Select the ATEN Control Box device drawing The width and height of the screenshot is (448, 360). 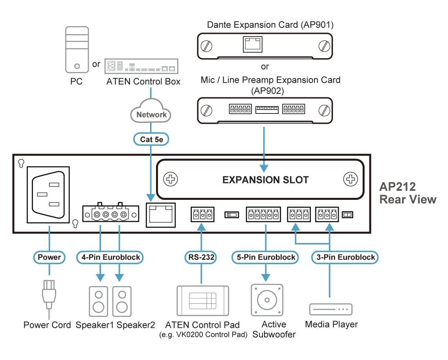142,66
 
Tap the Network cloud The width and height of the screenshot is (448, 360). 151,114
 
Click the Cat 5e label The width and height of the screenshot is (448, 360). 152,139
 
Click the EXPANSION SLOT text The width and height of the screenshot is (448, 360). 265,180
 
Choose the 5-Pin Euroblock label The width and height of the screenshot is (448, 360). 266,258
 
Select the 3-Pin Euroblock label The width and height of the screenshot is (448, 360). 345,258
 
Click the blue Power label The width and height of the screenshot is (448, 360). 49,258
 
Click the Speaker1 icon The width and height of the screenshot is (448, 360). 98,301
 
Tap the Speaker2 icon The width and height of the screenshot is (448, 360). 122,301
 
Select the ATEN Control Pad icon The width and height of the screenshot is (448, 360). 202,301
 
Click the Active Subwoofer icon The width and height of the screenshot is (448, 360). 266,300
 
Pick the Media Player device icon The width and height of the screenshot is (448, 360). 330,309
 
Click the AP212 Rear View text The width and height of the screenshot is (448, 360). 408,193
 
